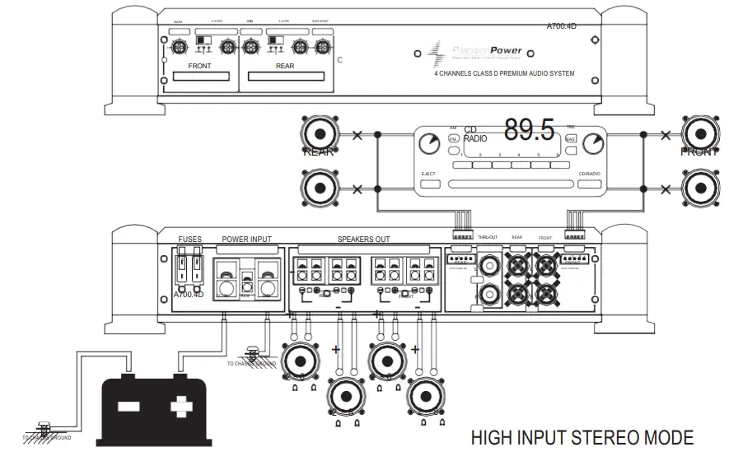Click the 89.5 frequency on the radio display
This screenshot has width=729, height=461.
pos(530,131)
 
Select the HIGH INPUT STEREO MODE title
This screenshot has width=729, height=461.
pos(582,437)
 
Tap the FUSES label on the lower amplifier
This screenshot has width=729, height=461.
pos(189,240)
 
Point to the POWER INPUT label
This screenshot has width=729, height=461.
pos(246,240)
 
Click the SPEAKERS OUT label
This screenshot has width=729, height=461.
pos(364,240)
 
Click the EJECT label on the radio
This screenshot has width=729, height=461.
pos(428,174)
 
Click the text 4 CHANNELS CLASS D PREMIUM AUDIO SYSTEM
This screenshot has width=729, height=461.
pos(504,74)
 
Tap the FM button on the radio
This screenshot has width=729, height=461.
pos(453,139)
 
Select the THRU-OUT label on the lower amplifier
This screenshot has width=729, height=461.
pos(487,237)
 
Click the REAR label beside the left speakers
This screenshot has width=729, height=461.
pos(319,152)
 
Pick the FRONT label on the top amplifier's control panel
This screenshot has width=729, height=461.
pos(200,66)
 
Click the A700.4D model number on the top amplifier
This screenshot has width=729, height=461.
pos(562,26)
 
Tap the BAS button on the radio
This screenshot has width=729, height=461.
pos(570,139)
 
